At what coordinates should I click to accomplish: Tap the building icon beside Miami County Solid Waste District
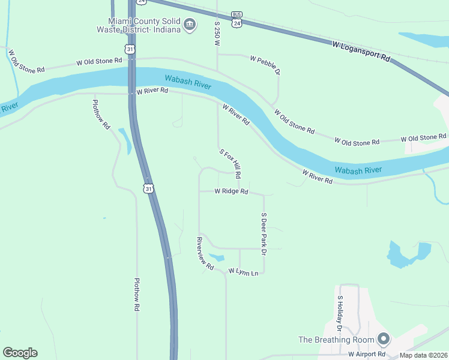[190, 25]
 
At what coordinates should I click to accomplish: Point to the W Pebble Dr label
[265, 65]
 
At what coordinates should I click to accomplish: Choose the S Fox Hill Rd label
[231, 164]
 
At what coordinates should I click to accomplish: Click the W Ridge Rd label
[232, 191]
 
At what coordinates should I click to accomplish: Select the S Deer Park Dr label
[263, 234]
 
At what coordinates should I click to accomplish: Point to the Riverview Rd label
[205, 254]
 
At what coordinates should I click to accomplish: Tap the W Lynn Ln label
[243, 272]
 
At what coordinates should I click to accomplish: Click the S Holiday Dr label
[339, 314]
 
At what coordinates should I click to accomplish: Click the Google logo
[20, 353]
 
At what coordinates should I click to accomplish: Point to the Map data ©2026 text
[423, 355]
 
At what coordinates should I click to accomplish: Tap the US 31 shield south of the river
[148, 188]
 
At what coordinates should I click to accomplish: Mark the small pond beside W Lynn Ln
[217, 258]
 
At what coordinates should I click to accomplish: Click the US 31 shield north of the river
[130, 48]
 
